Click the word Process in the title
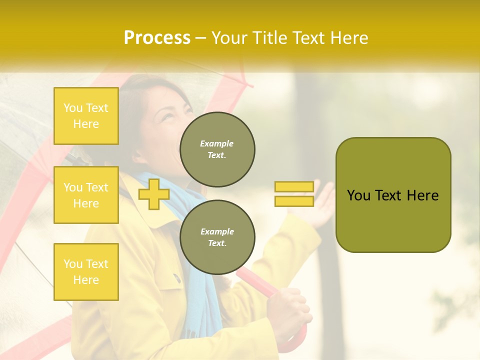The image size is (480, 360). point(157,37)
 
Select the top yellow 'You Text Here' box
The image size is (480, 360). point(86,116)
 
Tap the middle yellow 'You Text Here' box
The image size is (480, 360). point(86,195)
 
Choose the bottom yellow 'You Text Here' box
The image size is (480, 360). point(86,271)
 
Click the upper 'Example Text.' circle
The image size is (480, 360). point(217,149)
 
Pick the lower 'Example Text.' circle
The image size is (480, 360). point(217,237)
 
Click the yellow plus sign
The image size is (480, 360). point(153,194)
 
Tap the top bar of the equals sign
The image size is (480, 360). point(294,186)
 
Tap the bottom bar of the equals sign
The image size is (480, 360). point(294,201)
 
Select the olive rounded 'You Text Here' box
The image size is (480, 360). point(393,195)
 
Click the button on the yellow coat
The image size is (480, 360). point(176,277)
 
